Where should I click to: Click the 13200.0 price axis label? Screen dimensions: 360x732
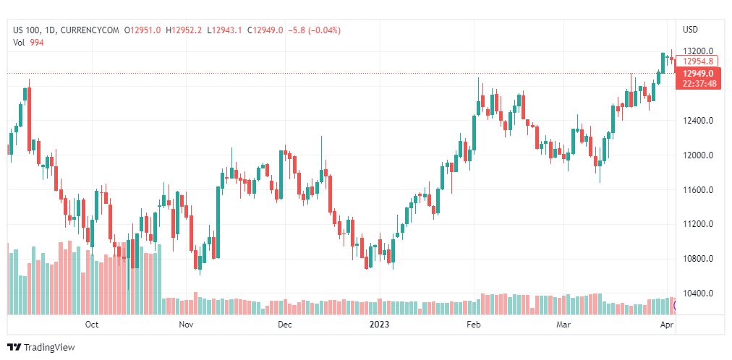click(698, 51)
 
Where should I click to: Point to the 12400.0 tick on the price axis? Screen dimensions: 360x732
click(698, 121)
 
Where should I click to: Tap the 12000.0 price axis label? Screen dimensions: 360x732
click(698, 155)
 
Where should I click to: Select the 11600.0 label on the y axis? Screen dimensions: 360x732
click(698, 190)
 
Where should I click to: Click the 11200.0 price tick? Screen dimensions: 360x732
click(698, 225)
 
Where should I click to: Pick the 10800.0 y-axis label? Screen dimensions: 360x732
click(698, 259)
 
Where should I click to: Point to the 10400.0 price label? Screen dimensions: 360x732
click(698, 293)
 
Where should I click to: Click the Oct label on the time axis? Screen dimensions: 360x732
click(91, 325)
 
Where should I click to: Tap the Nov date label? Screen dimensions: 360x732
click(186, 325)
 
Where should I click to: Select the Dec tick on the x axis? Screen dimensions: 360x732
click(284, 325)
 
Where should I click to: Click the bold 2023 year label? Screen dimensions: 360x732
click(379, 325)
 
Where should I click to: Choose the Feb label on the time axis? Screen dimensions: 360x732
click(473, 325)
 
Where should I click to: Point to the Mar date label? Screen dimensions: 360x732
click(563, 325)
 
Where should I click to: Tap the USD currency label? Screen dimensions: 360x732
click(690, 30)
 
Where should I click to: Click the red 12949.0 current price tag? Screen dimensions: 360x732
click(698, 74)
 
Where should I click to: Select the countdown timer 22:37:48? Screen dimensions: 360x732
click(698, 84)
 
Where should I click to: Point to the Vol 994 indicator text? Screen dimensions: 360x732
click(29, 42)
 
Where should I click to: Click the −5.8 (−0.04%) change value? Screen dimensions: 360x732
click(314, 30)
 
